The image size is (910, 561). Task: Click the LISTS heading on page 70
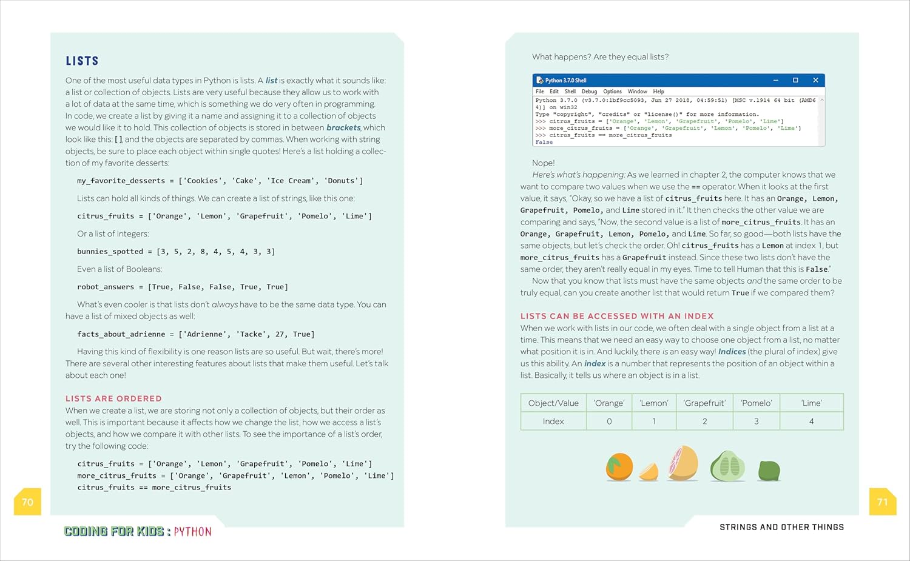[x=82, y=61]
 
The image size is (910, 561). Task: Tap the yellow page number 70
[x=27, y=502]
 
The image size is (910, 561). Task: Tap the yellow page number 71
[x=882, y=502]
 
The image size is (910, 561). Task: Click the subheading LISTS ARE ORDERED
[x=113, y=398]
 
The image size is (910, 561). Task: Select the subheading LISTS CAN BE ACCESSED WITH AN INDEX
[x=616, y=316]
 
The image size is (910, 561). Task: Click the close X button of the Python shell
[x=815, y=80]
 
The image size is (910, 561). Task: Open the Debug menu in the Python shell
[x=589, y=92]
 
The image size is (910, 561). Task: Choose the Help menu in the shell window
[x=658, y=92]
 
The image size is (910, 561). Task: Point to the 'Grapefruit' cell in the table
[x=704, y=403]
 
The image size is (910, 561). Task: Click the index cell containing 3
[x=756, y=421]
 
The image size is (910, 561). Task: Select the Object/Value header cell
[x=553, y=403]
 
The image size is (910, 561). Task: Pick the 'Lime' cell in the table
[x=811, y=403]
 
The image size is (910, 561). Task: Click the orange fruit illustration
[x=619, y=467]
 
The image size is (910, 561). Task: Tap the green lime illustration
[x=769, y=470]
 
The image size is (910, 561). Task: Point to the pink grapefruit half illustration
[x=683, y=463]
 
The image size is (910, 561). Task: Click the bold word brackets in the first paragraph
[x=343, y=127]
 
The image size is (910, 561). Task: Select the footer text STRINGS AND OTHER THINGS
[x=781, y=527]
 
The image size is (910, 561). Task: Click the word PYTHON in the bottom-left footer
[x=192, y=532]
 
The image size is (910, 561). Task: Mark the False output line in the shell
[x=544, y=142]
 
